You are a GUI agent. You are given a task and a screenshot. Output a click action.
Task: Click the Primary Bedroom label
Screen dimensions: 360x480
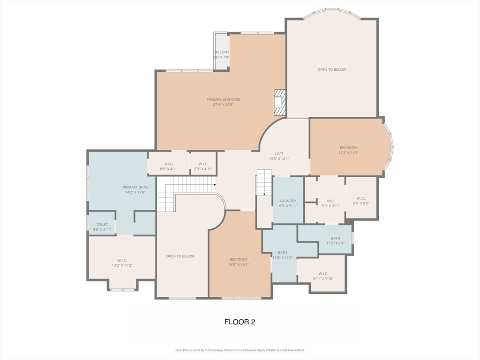click(223, 99)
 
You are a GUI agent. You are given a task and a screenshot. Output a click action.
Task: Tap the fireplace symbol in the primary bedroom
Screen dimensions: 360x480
click(280, 102)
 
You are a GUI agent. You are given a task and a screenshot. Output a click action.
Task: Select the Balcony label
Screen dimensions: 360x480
click(221, 52)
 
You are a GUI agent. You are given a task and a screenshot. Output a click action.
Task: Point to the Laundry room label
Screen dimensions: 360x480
click(288, 201)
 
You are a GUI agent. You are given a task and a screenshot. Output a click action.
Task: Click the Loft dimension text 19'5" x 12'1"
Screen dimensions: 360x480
click(279, 159)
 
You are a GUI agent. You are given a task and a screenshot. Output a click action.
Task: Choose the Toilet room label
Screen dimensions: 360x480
click(102, 225)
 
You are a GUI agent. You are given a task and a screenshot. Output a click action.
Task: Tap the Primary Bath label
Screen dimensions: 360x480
click(135, 187)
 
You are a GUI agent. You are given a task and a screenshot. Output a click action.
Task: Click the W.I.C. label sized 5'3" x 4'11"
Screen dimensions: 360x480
click(203, 164)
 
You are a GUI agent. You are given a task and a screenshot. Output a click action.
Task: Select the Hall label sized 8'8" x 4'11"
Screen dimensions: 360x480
click(169, 164)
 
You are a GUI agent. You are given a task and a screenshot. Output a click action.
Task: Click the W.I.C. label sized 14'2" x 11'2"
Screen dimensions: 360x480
click(122, 261)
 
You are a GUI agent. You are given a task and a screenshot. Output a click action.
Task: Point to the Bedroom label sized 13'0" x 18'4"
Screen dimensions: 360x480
click(238, 259)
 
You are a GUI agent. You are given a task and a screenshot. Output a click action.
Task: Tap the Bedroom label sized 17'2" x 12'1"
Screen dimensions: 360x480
click(348, 148)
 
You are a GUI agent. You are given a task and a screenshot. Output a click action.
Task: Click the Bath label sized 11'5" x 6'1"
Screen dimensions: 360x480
click(335, 238)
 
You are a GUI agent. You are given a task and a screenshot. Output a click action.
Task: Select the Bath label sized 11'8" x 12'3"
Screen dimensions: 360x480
click(282, 253)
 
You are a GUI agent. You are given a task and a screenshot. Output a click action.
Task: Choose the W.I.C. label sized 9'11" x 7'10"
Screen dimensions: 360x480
click(323, 273)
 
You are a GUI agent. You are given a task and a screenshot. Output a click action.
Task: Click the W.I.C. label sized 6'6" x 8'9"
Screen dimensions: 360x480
click(361, 198)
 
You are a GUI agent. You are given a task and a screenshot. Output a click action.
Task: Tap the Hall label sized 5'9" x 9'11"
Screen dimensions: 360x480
click(331, 201)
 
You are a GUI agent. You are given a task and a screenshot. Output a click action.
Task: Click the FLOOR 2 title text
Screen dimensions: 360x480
click(240, 322)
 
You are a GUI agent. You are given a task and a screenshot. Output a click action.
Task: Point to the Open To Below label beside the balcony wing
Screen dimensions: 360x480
click(331, 69)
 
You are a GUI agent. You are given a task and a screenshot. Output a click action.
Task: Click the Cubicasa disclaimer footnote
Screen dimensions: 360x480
click(240, 350)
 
